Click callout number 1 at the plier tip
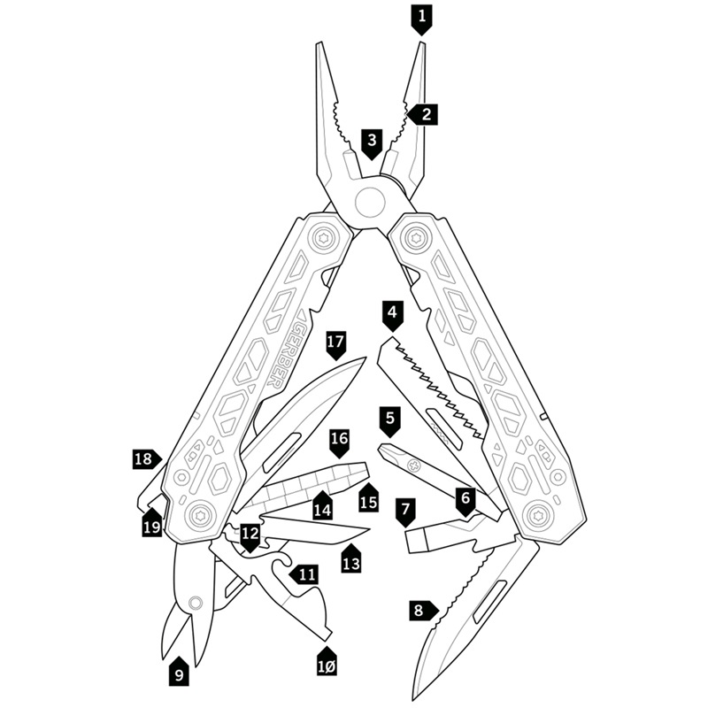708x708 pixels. (421, 15)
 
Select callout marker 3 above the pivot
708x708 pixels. (373, 141)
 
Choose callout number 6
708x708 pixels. (466, 498)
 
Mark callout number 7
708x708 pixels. (406, 511)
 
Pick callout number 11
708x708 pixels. (306, 574)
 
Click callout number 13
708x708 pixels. (351, 562)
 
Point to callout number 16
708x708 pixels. (340, 439)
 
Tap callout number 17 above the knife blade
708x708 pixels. (335, 342)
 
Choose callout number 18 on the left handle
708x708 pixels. (144, 458)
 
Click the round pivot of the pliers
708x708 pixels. (366, 202)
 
